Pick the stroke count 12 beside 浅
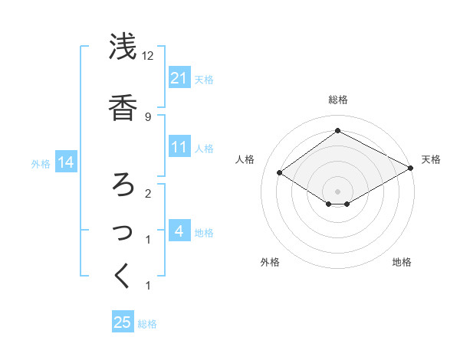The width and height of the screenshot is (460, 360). tap(148, 57)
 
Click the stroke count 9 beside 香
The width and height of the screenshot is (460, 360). tap(147, 116)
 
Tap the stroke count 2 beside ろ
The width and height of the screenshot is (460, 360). tap(147, 193)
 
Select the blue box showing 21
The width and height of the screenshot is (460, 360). tap(179, 78)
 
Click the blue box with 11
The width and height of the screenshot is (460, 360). tap(179, 147)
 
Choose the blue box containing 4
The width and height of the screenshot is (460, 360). tap(179, 231)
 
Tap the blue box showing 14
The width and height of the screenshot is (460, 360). tap(66, 162)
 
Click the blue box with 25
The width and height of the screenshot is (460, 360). tap(123, 322)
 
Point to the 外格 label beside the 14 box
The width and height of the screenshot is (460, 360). tap(41, 163)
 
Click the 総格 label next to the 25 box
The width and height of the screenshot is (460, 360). tap(147, 323)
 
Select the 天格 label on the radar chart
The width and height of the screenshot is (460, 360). tap(431, 159)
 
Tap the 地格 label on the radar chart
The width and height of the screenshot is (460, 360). tap(402, 262)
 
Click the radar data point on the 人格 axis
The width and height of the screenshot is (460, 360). tap(280, 173)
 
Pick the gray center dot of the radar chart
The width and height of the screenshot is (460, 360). tap(337, 191)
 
